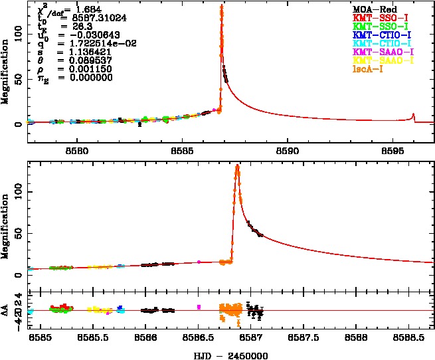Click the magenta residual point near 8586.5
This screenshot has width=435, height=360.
[x=199, y=306]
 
